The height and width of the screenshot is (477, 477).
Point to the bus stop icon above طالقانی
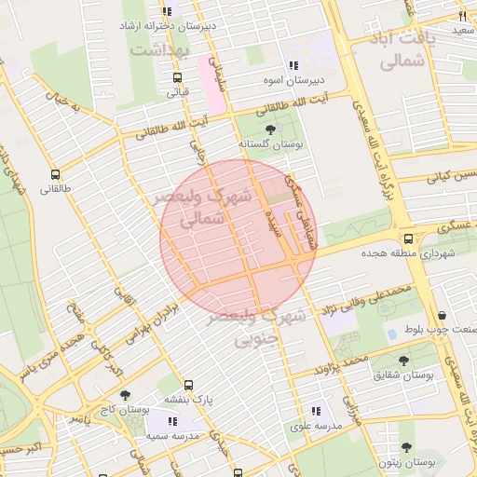pos(55,174)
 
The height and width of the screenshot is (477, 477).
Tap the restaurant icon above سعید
pos(462,16)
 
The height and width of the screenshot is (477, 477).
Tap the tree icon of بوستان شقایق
pos(403,360)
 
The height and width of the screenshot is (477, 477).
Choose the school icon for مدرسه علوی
pos(316,410)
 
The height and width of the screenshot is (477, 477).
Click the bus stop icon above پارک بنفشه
pos(189,385)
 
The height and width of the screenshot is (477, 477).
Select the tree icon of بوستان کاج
pos(125,395)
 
